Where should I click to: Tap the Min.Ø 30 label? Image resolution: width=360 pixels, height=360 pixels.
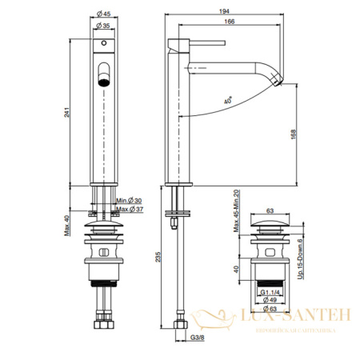[x=129, y=200]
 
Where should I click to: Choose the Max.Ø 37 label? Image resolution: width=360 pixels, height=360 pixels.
[x=129, y=210]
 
